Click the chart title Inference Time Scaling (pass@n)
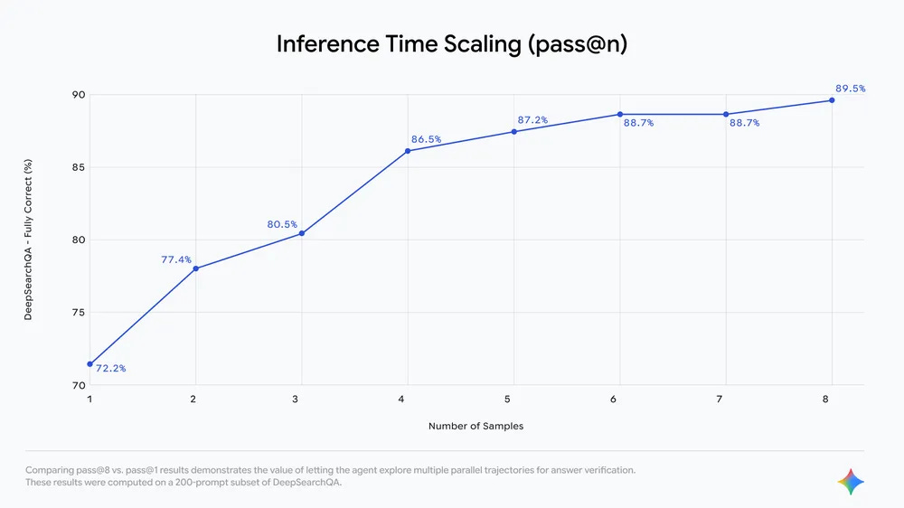(451, 44)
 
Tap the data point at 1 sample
(89, 363)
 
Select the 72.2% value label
(110, 369)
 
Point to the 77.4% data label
(176, 259)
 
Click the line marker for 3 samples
(302, 233)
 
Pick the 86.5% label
(425, 139)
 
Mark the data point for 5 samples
(514, 131)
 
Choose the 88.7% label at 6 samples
(639, 123)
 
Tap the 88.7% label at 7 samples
(744, 123)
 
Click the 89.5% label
(850, 89)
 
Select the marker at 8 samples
(832, 100)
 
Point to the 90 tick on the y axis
(79, 95)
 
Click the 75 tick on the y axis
(79, 313)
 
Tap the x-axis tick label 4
(408, 399)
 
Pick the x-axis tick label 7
(726, 399)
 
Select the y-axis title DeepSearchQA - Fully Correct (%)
(28, 240)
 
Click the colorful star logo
(851, 482)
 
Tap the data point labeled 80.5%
(302, 233)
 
